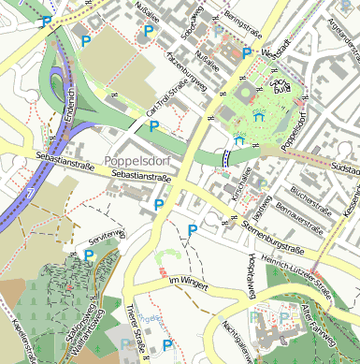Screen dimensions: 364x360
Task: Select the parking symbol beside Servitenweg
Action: coord(89,254)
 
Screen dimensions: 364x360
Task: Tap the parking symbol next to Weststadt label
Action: coord(247,53)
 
